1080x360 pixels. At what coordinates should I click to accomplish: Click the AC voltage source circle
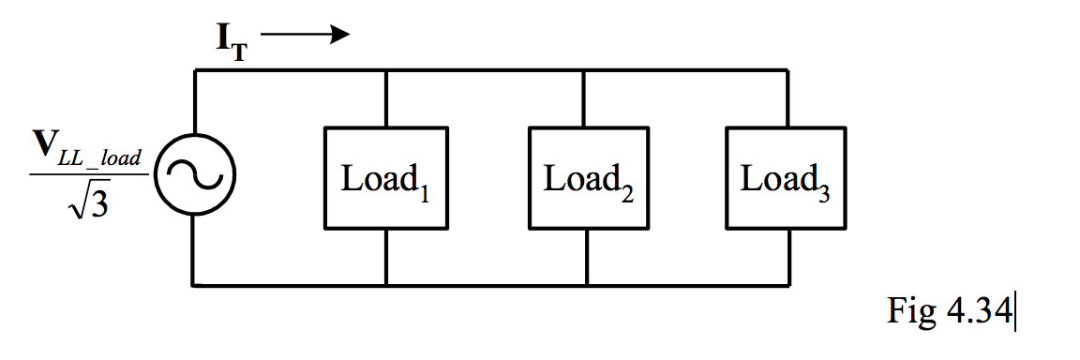pyautogui.click(x=194, y=175)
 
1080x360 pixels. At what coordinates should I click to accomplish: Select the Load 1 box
pyautogui.click(x=386, y=178)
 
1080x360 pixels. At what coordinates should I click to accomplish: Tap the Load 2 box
pyautogui.click(x=587, y=178)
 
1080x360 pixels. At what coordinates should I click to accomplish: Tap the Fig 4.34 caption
pyautogui.click(x=948, y=310)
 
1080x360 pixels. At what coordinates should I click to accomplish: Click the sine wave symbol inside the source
pyautogui.click(x=194, y=175)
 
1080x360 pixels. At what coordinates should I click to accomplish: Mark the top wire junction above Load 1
pyautogui.click(x=386, y=70)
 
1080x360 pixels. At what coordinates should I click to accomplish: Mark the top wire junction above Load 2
pyautogui.click(x=586, y=70)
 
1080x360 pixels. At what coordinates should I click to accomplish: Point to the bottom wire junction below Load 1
pyautogui.click(x=386, y=283)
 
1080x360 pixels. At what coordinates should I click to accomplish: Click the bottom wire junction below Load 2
pyautogui.click(x=587, y=283)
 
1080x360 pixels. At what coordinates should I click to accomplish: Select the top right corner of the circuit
pyautogui.click(x=787, y=70)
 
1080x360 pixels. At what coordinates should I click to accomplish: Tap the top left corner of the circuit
pyautogui.click(x=194, y=70)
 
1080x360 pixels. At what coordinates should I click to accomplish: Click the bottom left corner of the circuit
pyautogui.click(x=194, y=283)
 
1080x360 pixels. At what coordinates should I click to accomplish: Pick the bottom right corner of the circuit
pyautogui.click(x=787, y=283)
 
